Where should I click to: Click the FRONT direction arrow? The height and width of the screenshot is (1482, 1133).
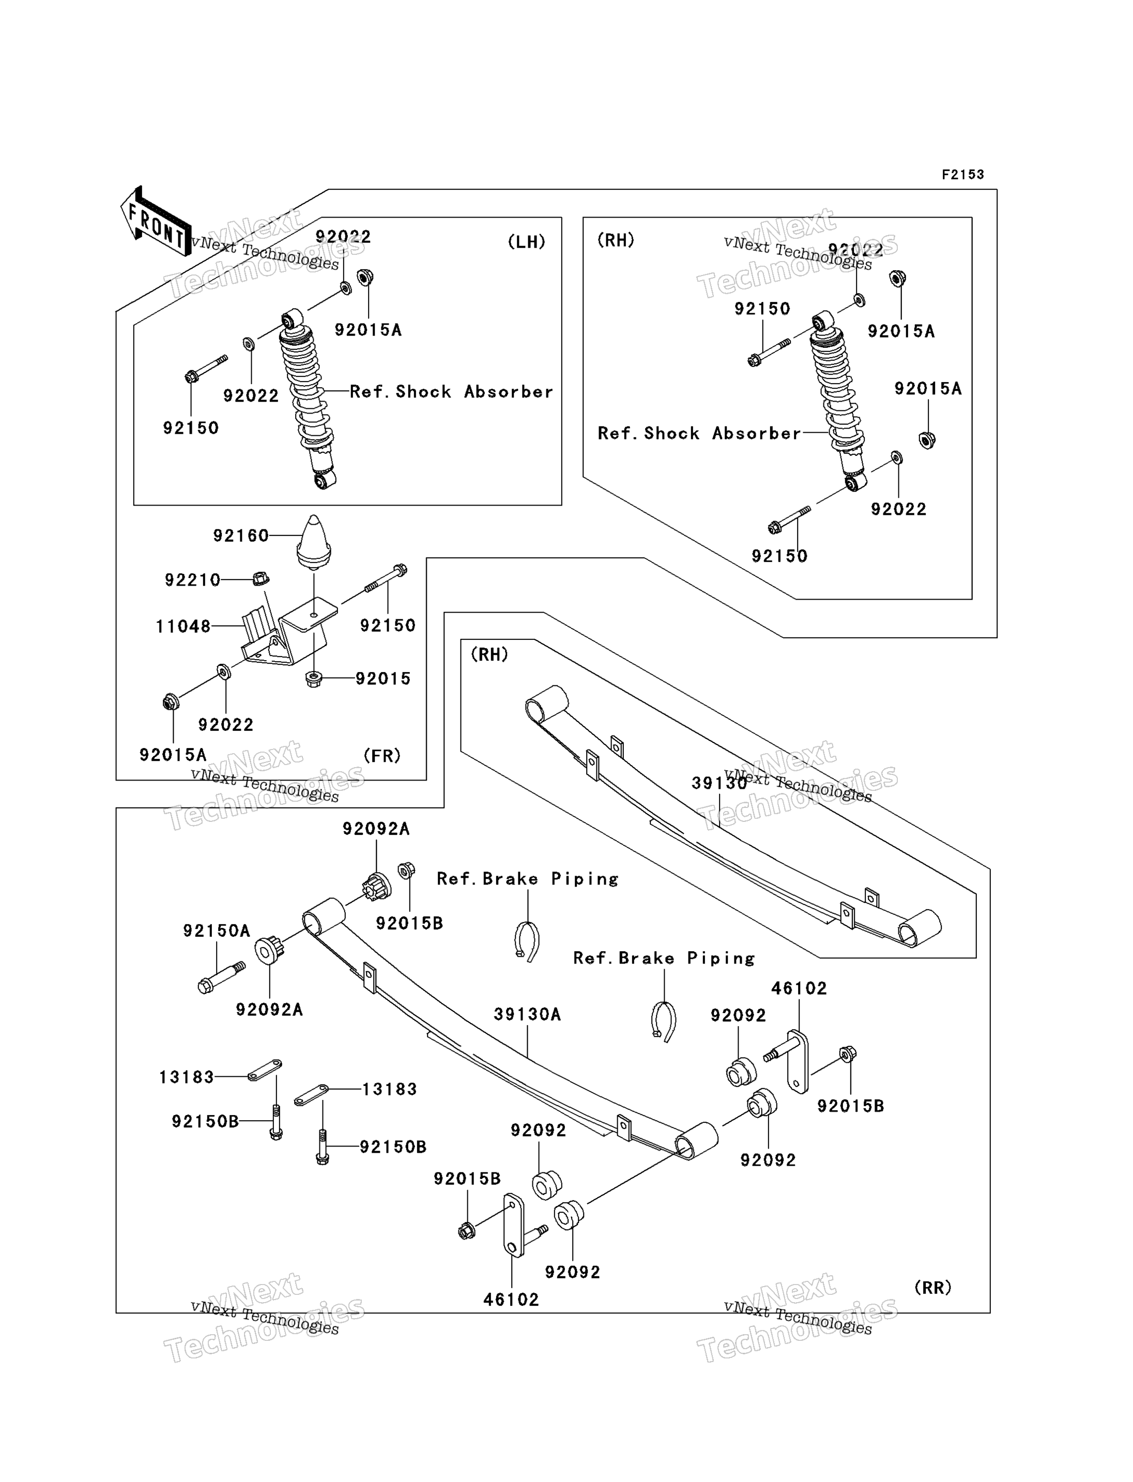(156, 221)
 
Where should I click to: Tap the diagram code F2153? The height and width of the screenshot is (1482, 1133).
(963, 175)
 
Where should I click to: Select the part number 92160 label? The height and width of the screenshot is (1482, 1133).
(241, 536)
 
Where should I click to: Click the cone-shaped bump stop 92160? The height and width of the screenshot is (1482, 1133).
(314, 542)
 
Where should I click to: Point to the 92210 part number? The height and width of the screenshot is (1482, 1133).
(192, 579)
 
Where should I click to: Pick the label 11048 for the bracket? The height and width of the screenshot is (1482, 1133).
(183, 626)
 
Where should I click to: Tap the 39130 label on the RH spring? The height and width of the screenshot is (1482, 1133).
(719, 783)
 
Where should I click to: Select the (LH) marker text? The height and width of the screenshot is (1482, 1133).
(526, 241)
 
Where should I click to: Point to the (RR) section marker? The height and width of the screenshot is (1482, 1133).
(932, 1288)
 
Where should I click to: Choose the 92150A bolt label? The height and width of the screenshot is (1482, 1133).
(217, 931)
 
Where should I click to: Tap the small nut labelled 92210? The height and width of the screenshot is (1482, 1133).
(262, 578)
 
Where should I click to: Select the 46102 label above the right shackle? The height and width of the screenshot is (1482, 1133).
(799, 988)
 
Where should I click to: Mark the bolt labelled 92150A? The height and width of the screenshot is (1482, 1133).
(222, 977)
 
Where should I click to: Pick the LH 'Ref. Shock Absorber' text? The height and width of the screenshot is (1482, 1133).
(451, 392)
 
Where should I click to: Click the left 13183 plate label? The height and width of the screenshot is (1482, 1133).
(186, 1077)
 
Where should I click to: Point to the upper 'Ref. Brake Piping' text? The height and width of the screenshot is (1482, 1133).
(527, 879)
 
